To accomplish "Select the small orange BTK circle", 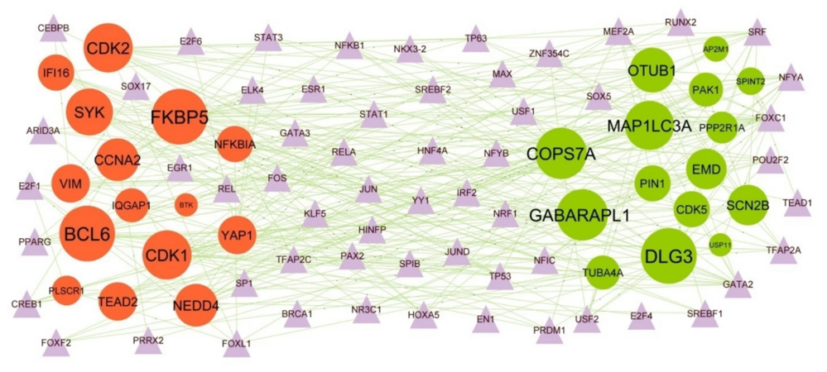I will (185, 203).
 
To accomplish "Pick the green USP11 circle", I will (720, 245).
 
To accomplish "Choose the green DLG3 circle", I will (670, 257).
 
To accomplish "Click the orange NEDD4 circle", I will (196, 307).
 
